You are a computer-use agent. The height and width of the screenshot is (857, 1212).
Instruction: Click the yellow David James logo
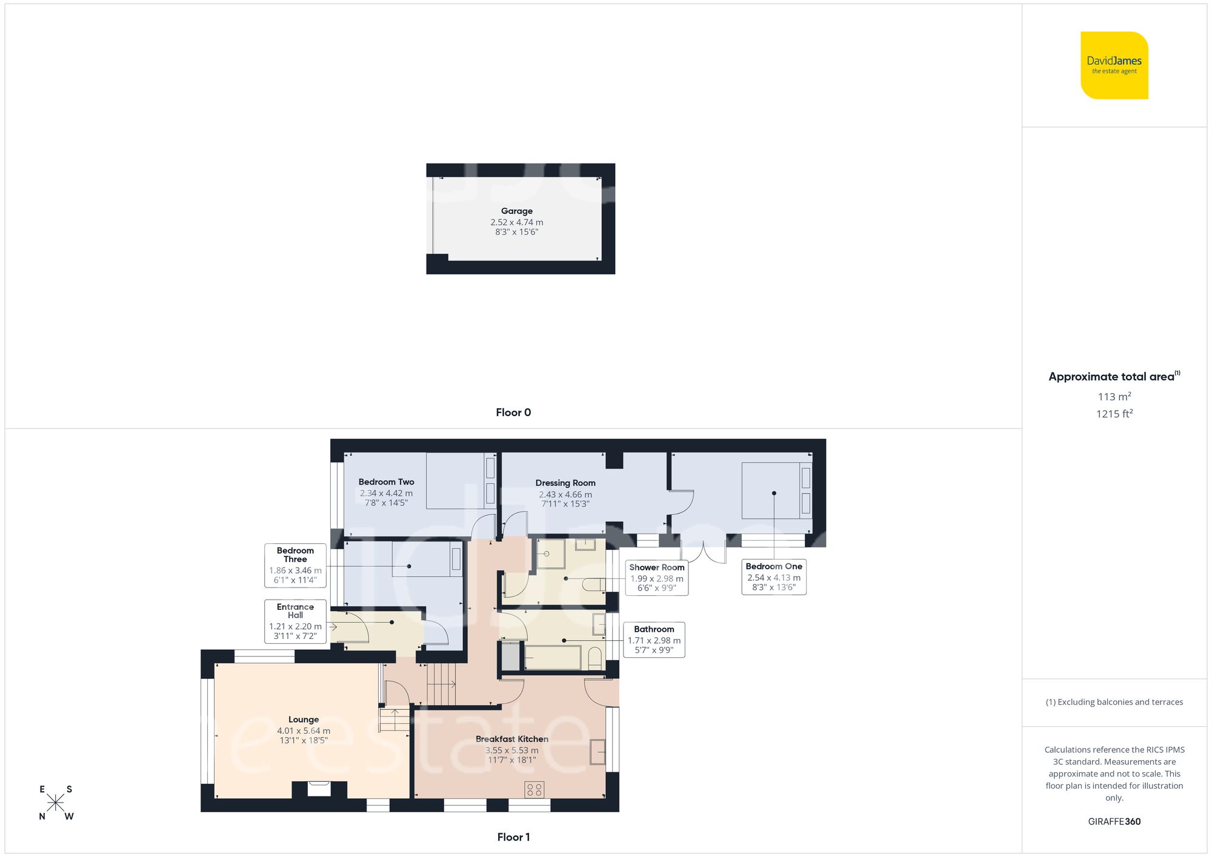pos(1114,65)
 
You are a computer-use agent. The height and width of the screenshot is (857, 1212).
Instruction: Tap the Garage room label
pos(517,211)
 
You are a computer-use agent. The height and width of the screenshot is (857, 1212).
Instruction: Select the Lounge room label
pos(304,720)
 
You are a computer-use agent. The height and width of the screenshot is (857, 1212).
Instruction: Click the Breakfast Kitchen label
pos(512,739)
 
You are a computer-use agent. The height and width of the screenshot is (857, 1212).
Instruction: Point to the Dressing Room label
pos(565,483)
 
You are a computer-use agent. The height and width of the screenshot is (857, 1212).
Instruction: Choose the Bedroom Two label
pos(386,482)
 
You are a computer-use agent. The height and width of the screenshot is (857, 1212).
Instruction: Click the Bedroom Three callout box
pos(295,565)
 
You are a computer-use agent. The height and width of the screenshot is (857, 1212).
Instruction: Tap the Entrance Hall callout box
pos(295,621)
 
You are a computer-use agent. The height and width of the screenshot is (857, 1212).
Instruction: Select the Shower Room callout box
pos(656,578)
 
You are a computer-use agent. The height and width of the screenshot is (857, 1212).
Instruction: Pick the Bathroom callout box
pos(654,640)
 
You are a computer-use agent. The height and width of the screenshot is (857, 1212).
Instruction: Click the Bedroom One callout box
pos(774,577)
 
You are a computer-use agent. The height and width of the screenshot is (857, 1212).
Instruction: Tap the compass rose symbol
pos(56,803)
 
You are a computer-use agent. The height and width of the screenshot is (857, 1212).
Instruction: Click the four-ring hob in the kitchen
pos(534,789)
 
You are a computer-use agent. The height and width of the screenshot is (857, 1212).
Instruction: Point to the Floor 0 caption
pos(513,412)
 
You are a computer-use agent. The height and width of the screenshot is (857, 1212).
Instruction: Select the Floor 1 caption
pos(513,837)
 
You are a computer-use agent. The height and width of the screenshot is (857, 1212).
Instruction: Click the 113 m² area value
pos(1114,397)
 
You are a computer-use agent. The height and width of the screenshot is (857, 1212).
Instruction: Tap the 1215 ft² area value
pos(1114,414)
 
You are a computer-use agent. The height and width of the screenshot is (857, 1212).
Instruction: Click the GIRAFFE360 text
pos(1114,822)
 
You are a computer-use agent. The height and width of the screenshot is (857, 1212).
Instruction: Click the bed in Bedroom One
pos(776,491)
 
